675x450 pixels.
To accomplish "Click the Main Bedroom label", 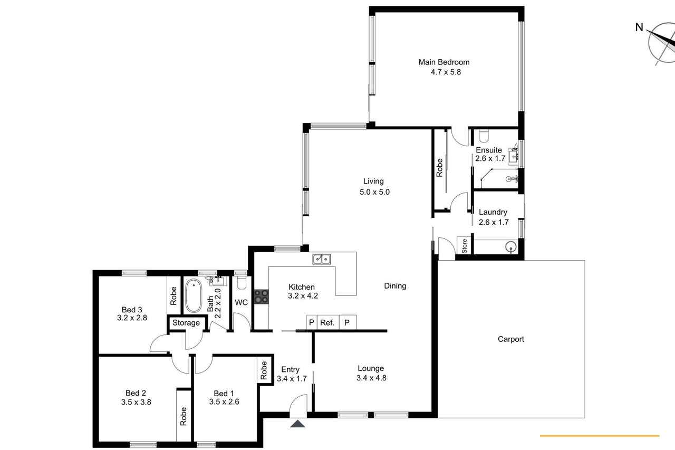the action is [444, 62].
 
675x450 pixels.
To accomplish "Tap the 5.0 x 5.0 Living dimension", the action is [374, 192].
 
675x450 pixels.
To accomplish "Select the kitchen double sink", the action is [322, 259].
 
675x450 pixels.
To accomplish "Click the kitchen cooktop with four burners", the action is [261, 296].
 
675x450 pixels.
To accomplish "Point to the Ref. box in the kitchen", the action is [327, 323].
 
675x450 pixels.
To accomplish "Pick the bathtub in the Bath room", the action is [193, 295].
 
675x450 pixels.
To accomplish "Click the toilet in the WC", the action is [242, 283].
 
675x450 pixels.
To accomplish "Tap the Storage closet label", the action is [186, 323].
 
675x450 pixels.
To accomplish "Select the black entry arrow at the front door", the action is [298, 424].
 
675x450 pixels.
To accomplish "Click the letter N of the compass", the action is [639, 27].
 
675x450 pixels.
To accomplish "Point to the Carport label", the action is [511, 339].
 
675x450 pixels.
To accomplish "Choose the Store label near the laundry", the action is [465, 246].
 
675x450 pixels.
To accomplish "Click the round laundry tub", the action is [511, 247].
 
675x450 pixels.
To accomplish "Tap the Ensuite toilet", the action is [484, 136].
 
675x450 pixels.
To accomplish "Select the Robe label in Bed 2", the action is [183, 416].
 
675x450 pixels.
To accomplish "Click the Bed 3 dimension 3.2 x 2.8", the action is [132, 318].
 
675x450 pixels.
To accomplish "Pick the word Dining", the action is [395, 286].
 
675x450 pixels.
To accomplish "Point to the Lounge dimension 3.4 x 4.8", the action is [371, 378].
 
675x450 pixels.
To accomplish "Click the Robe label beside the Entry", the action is [264, 370].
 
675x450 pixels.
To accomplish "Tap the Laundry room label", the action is [493, 212].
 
